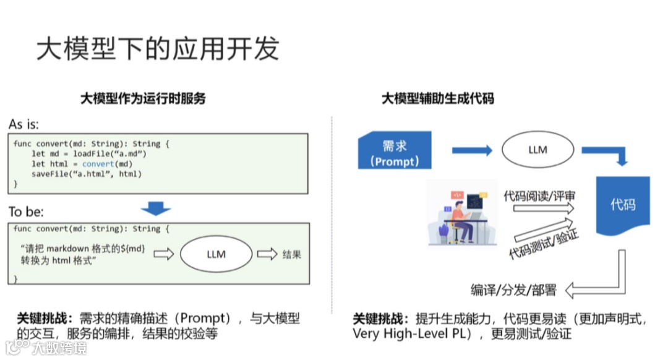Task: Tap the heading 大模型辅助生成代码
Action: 437,98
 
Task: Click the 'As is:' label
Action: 24,124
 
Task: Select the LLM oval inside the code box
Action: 216,254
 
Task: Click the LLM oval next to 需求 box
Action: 537,150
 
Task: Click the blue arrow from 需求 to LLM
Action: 471,150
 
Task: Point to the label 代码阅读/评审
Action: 539,196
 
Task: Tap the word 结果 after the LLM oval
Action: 291,254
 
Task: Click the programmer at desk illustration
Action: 462,213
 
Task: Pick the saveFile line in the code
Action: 87,174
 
